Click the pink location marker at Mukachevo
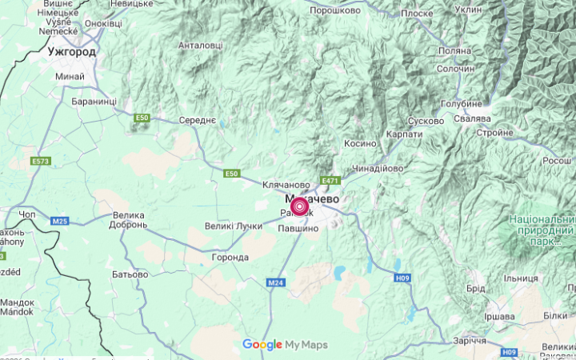click(x=299, y=207)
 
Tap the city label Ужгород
click(x=71, y=52)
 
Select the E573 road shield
click(x=41, y=162)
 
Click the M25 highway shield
click(x=59, y=220)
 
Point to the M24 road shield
click(x=276, y=282)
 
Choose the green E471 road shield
click(x=330, y=181)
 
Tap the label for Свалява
click(x=471, y=118)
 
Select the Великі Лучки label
click(x=238, y=226)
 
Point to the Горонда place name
click(x=229, y=258)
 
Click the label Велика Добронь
click(x=128, y=220)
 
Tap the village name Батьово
click(x=130, y=274)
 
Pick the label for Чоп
click(x=26, y=215)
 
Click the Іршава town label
click(x=499, y=316)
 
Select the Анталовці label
click(x=201, y=46)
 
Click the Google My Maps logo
click(x=286, y=345)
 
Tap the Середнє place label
click(x=197, y=120)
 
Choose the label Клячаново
click(x=285, y=184)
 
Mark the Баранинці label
click(x=94, y=102)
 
